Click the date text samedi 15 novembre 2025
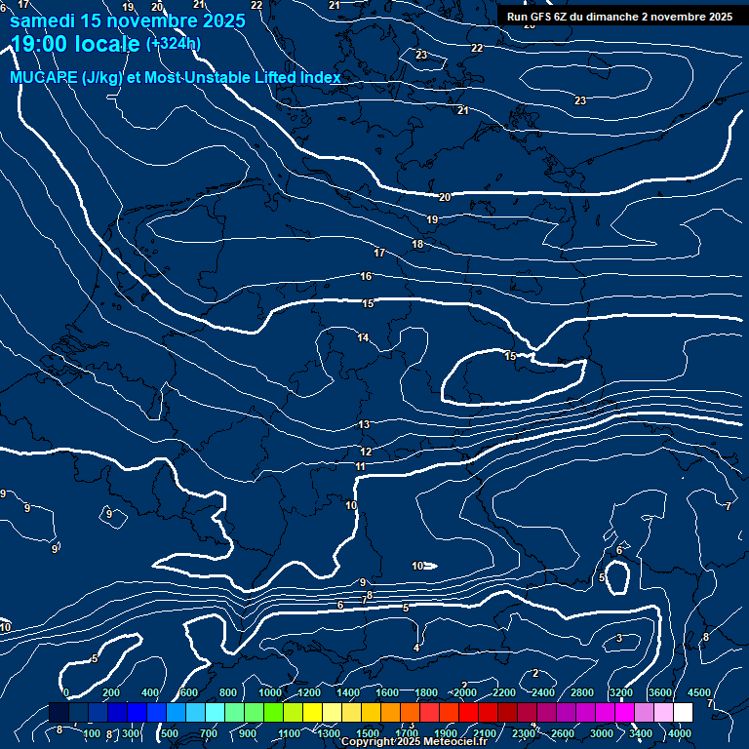tap(127, 20)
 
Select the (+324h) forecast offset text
tap(174, 43)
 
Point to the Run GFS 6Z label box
tap(619, 16)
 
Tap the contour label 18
tap(417, 244)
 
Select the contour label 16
tap(366, 277)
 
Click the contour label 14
tap(363, 337)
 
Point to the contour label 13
tap(364, 424)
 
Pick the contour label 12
tap(366, 452)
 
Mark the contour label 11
tap(360, 467)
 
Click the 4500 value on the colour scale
tap(699, 692)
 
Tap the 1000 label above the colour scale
tap(270, 692)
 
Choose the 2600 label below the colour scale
tap(563, 733)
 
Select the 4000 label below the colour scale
tap(680, 733)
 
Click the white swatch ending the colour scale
tap(683, 713)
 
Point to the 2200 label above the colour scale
tap(504, 692)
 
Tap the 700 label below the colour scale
tap(209, 733)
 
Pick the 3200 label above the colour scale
tap(621, 692)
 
